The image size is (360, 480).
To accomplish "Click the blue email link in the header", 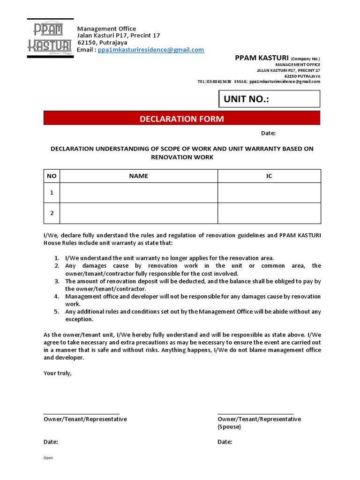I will (x=151, y=50).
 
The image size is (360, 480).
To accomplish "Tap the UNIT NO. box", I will (x=269, y=99).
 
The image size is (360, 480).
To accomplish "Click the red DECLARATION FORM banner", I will (x=182, y=119).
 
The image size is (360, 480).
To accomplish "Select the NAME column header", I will (x=138, y=176).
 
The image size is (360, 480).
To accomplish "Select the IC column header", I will (x=269, y=176).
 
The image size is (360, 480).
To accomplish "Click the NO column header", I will (x=52, y=176).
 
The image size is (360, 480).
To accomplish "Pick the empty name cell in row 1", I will (x=138, y=193).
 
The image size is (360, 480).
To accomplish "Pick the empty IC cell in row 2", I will (x=269, y=213).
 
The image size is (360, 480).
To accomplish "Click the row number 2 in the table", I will (x=52, y=213).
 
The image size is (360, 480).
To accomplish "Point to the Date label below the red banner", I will (x=268, y=133).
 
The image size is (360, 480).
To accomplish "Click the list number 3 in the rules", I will (x=56, y=281).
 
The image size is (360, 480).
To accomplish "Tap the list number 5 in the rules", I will (x=56, y=312).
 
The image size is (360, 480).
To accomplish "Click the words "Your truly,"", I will (x=58, y=373).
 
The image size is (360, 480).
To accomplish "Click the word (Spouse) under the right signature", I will (x=229, y=427).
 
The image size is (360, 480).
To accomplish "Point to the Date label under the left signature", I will (x=51, y=442).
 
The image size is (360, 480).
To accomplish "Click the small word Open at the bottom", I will (x=48, y=458).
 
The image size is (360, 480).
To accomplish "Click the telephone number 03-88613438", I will (x=219, y=82).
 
